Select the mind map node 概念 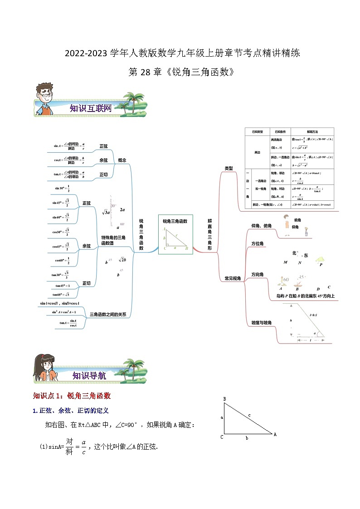(122, 160)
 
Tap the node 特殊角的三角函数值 (113, 240)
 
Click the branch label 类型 (229, 168)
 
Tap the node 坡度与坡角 (261, 323)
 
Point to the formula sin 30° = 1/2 (62, 189)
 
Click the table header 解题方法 (312, 131)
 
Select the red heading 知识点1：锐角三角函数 (72, 396)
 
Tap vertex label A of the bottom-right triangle (275, 434)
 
